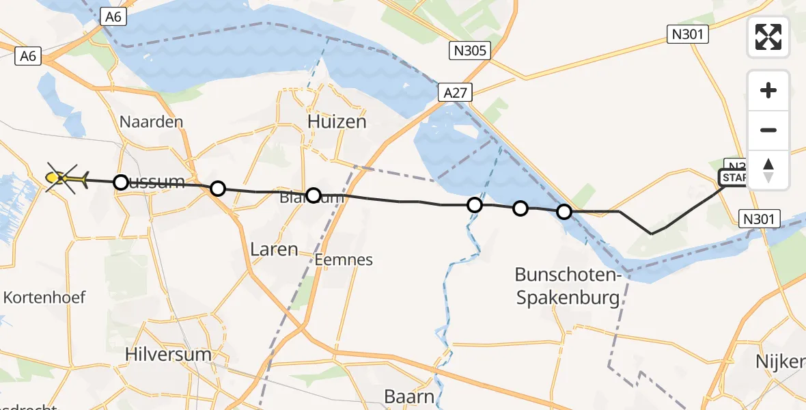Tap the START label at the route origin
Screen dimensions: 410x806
click(733, 178)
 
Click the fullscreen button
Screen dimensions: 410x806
click(768, 37)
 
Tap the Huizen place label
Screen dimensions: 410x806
click(337, 122)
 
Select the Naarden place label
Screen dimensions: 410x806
click(151, 122)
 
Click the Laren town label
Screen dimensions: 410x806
click(274, 249)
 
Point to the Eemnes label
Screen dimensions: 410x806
click(344, 260)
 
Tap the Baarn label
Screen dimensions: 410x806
click(409, 396)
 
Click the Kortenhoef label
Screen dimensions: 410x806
click(44, 297)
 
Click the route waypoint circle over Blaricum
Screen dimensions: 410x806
click(313, 195)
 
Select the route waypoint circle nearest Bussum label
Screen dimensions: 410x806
click(121, 182)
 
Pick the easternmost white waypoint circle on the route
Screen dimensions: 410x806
click(564, 212)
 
